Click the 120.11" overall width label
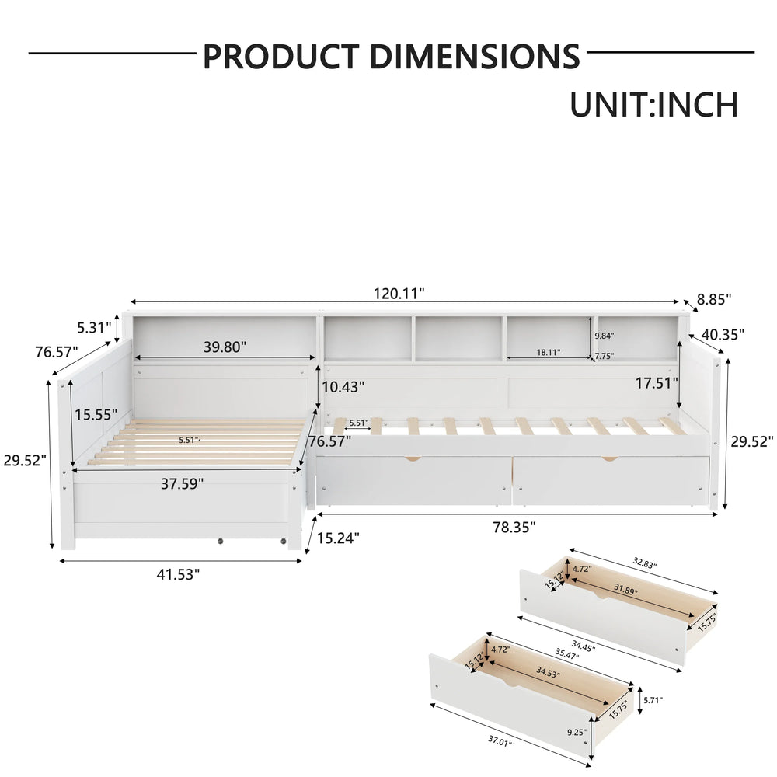[399, 294]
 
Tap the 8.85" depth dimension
[714, 299]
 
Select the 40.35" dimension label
[723, 334]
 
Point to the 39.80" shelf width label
[225, 347]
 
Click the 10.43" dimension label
[343, 386]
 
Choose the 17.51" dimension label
[657, 383]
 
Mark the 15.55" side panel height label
[96, 414]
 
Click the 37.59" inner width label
[182, 483]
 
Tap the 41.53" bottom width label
[178, 574]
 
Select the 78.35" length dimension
[514, 528]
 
